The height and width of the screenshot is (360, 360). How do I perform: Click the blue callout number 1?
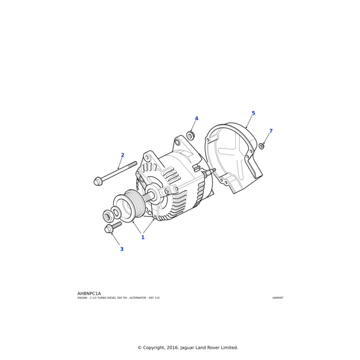coord(143,237)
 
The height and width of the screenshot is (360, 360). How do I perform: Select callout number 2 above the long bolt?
coord(122,155)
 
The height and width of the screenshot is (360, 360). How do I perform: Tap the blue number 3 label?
coord(121,249)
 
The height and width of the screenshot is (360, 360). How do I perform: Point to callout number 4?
coord(196,119)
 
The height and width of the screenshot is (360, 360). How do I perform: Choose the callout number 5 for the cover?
coord(253,113)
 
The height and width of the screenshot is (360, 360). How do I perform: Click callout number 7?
coord(271,131)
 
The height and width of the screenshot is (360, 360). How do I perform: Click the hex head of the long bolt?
coord(98,181)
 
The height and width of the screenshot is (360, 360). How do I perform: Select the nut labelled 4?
coord(190,136)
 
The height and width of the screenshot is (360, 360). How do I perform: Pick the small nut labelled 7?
coord(262,146)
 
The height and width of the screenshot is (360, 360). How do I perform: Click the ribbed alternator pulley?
coord(133,205)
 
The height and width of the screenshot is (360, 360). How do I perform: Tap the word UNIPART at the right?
coord(277,298)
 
